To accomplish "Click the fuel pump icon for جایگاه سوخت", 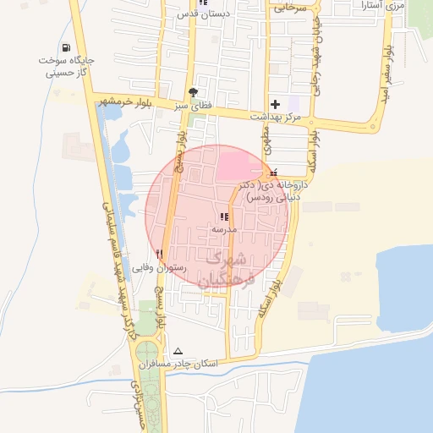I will pyautogui.click(x=67, y=48).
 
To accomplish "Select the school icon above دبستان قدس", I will pyautogui.click(x=202, y=2).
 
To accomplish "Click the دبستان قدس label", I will pyautogui.click(x=201, y=14).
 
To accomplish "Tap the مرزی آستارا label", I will pyautogui.click(x=388, y=5).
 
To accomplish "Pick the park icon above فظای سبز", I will pyautogui.click(x=194, y=91).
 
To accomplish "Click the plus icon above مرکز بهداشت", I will pyautogui.click(x=274, y=103).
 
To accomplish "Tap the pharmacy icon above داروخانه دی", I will pyautogui.click(x=272, y=173).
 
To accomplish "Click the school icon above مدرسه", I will pyautogui.click(x=223, y=217).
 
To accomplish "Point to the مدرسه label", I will pyautogui.click(x=225, y=229).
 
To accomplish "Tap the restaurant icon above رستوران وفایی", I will pyautogui.click(x=158, y=253).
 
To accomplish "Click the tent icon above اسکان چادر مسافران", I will pyautogui.click(x=178, y=351).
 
